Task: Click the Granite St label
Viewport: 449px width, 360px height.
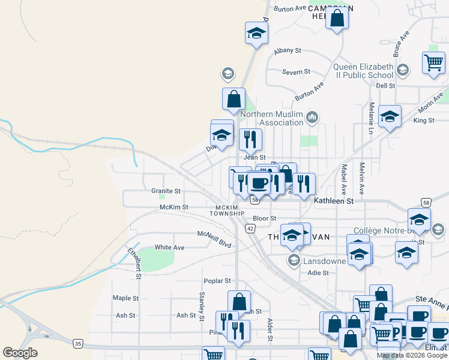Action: tap(166, 191)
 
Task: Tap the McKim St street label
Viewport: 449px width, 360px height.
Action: tap(173, 207)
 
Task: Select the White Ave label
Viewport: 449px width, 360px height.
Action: tap(169, 247)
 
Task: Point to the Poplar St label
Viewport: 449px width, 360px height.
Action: tap(217, 281)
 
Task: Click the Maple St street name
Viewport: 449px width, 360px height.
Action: tap(125, 298)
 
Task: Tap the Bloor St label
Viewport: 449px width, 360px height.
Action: tap(264, 218)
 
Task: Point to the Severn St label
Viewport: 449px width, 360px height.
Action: tap(296, 72)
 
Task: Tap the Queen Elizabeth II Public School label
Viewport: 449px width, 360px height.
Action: tap(364, 71)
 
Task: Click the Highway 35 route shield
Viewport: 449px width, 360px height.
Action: tap(78, 344)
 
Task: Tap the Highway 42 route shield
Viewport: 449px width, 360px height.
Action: tap(250, 228)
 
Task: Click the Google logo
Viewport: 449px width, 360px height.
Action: tap(20, 353)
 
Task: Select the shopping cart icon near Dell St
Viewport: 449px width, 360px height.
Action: tap(433, 62)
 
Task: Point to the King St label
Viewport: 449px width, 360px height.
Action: tap(423, 121)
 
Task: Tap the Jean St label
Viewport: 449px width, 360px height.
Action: tap(254, 157)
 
